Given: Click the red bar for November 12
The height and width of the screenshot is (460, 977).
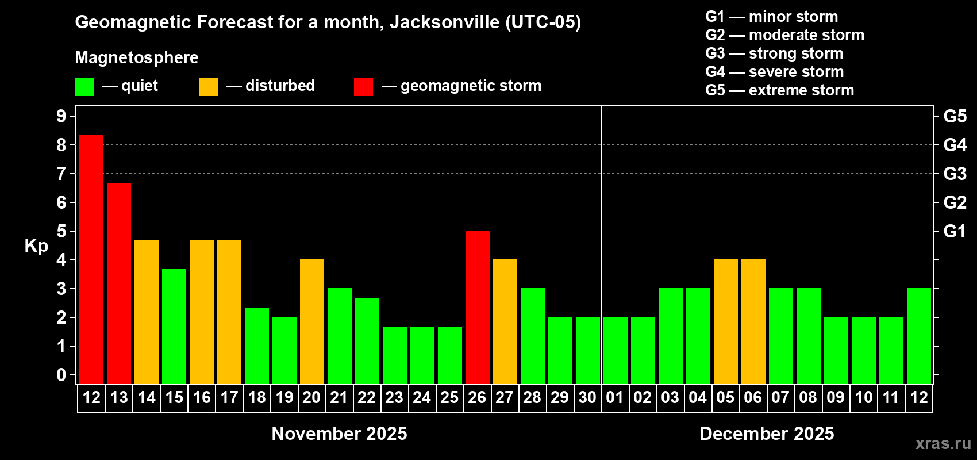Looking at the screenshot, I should click(91, 259).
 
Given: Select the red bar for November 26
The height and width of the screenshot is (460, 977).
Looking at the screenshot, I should click(478, 307).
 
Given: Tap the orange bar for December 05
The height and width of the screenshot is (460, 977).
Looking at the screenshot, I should click(726, 321).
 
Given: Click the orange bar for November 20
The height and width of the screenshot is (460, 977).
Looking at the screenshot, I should click(312, 321).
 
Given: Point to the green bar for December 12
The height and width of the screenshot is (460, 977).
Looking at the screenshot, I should click(919, 336).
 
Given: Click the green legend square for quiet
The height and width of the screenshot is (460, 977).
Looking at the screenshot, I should click(84, 87).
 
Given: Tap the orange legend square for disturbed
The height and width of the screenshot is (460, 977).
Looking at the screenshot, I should click(208, 87).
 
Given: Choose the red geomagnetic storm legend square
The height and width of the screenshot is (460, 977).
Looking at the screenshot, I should click(363, 87).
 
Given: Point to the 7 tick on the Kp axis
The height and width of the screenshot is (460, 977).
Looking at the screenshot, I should click(61, 174).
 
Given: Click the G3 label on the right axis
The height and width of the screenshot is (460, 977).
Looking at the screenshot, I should click(955, 174).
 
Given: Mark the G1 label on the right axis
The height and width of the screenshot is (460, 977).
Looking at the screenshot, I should click(955, 231).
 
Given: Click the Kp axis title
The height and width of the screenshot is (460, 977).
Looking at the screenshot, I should click(36, 246).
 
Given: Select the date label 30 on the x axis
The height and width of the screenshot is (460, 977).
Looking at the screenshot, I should click(587, 397).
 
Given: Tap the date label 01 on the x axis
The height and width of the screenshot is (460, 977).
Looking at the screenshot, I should click(615, 397).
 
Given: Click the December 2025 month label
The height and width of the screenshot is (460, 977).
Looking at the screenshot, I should click(767, 434).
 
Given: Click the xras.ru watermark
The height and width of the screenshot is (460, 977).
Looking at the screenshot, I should click(943, 443).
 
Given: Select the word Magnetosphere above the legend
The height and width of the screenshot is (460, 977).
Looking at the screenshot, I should click(137, 57).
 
